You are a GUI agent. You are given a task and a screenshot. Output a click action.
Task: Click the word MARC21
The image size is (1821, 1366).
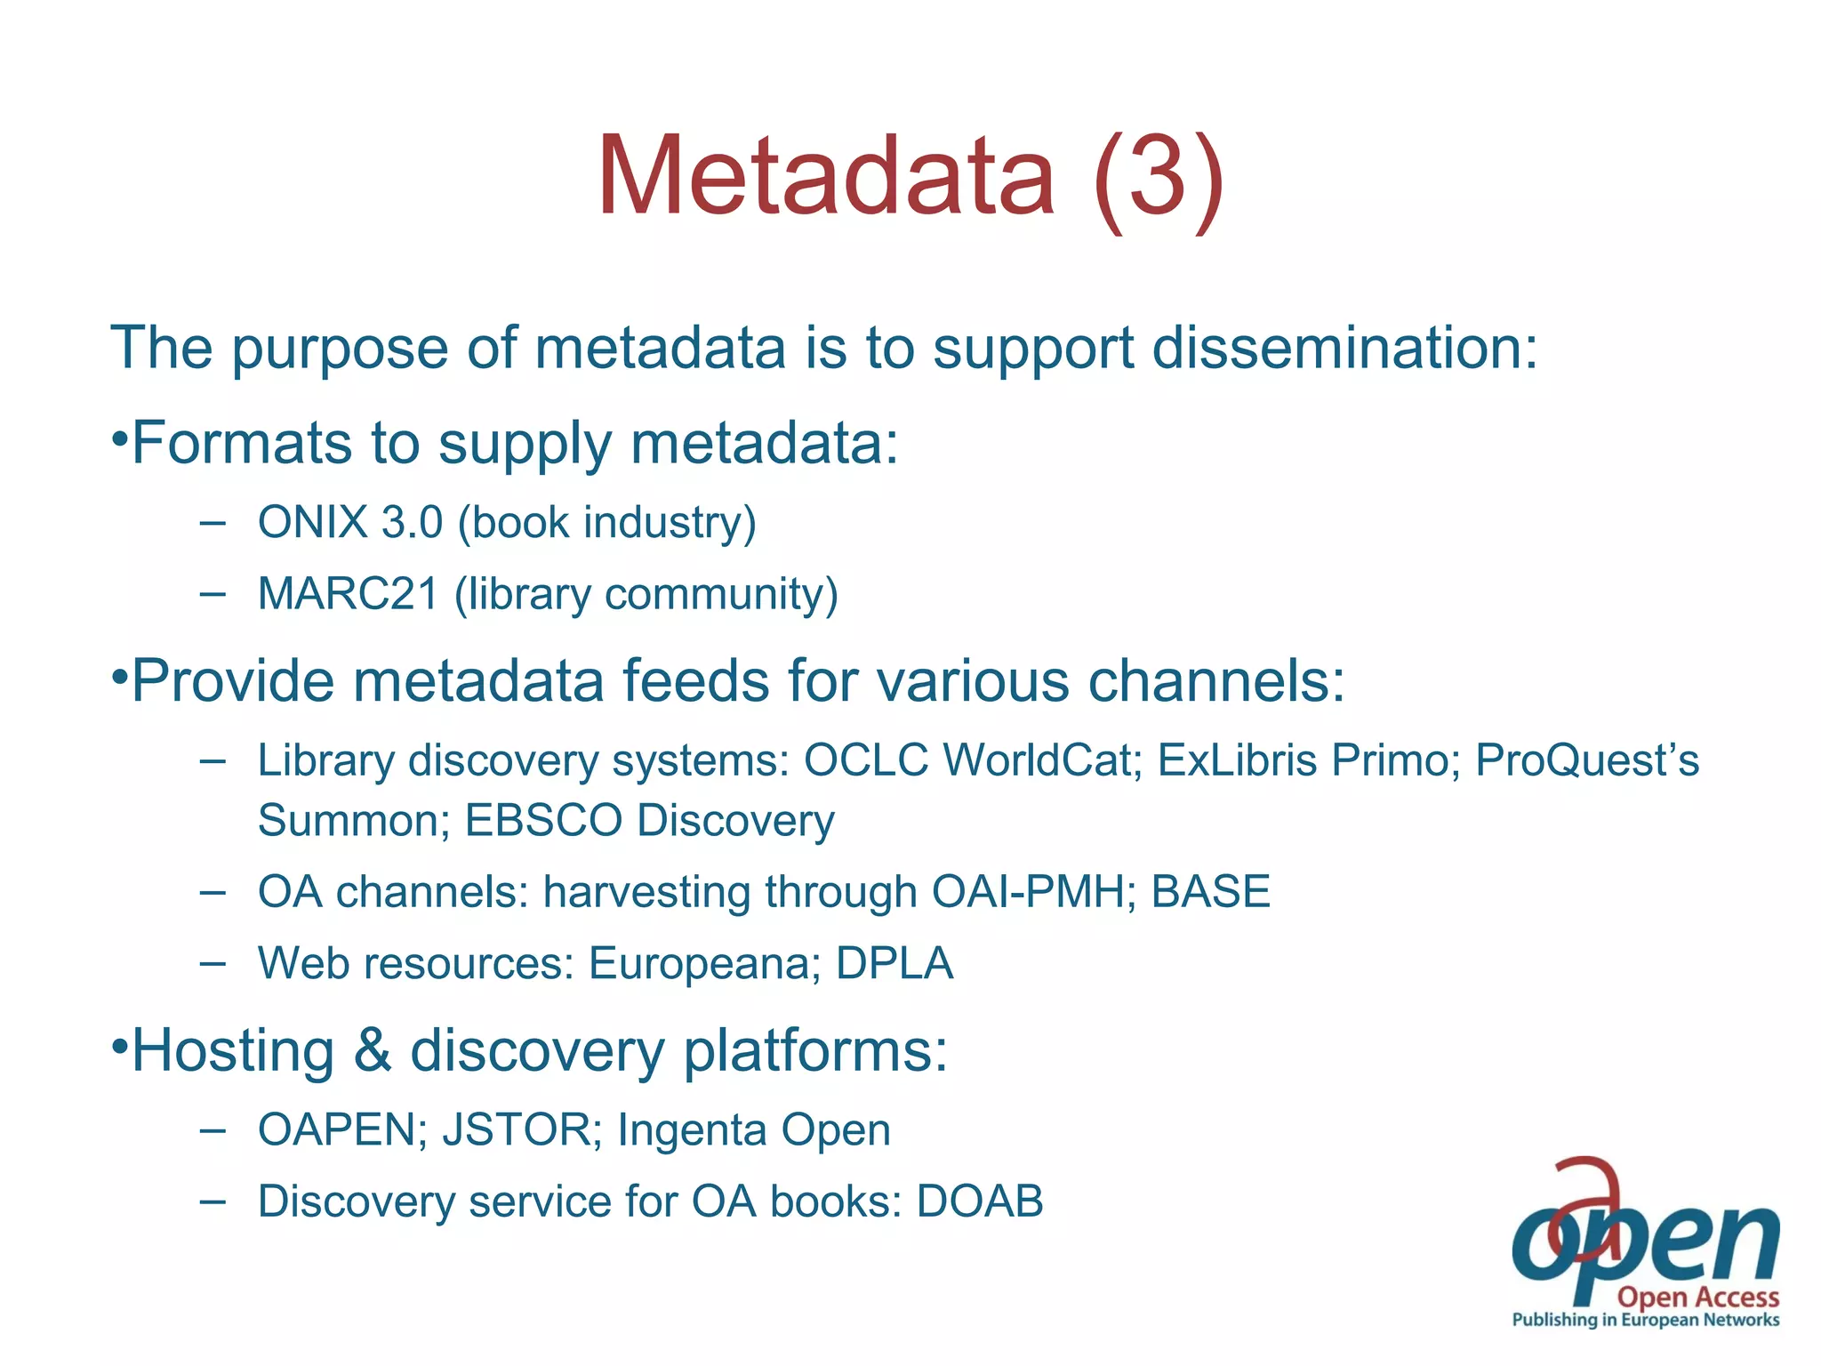point(348,594)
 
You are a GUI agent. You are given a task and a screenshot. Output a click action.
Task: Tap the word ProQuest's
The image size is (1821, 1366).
point(1586,761)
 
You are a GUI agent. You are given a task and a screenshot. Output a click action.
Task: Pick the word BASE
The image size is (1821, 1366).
point(1210,892)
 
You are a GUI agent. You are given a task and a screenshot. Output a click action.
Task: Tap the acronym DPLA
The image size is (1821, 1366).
point(894,964)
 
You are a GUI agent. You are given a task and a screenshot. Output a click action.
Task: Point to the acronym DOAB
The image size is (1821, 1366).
point(979,1201)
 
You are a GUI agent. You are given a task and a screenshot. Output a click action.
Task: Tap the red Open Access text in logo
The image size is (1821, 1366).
point(1697,1298)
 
